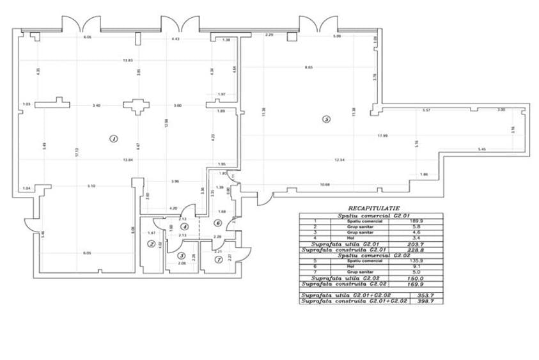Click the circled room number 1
point(113,138)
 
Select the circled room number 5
point(327,118)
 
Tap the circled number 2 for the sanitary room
point(152,244)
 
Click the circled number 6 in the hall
point(217,223)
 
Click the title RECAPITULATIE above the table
point(374,208)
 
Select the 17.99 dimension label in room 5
point(382,136)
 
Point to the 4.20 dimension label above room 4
point(173,208)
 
